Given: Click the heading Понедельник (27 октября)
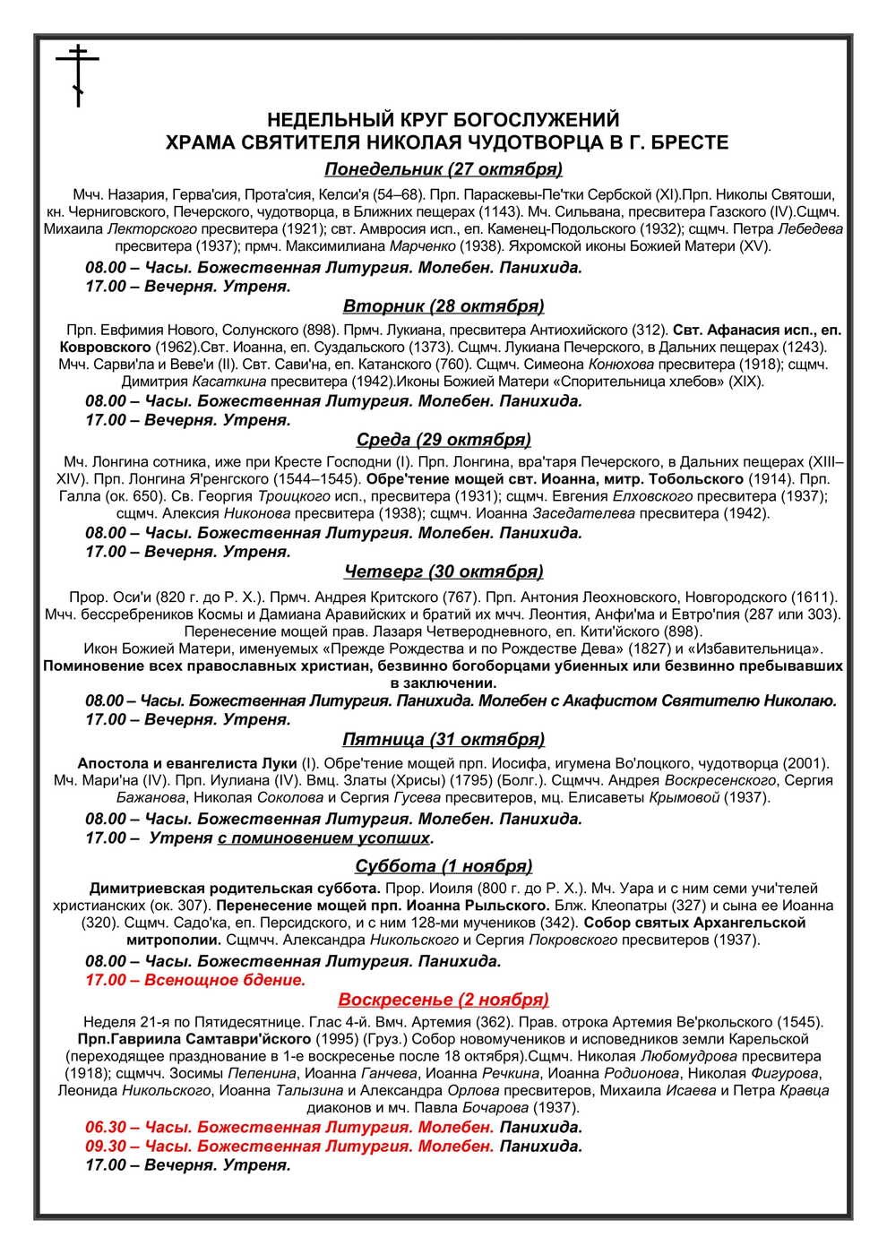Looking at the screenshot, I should pos(443,169).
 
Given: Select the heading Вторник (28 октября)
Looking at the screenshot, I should pos(443,306).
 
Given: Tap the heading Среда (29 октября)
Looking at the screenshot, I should pos(443,439).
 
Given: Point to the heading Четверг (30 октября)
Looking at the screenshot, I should pos(443,571).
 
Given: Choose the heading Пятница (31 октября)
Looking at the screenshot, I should pos(443,739).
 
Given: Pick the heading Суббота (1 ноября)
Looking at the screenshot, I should pos(443,865).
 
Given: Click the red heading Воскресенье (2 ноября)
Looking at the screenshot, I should pos(443,999).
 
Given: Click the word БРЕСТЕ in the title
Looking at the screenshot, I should pos(691,142).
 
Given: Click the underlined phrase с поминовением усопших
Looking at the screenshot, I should pos(323,837).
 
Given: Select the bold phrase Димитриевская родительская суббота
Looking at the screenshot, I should pos(235,889).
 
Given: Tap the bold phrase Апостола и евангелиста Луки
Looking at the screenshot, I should pos(186,763).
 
